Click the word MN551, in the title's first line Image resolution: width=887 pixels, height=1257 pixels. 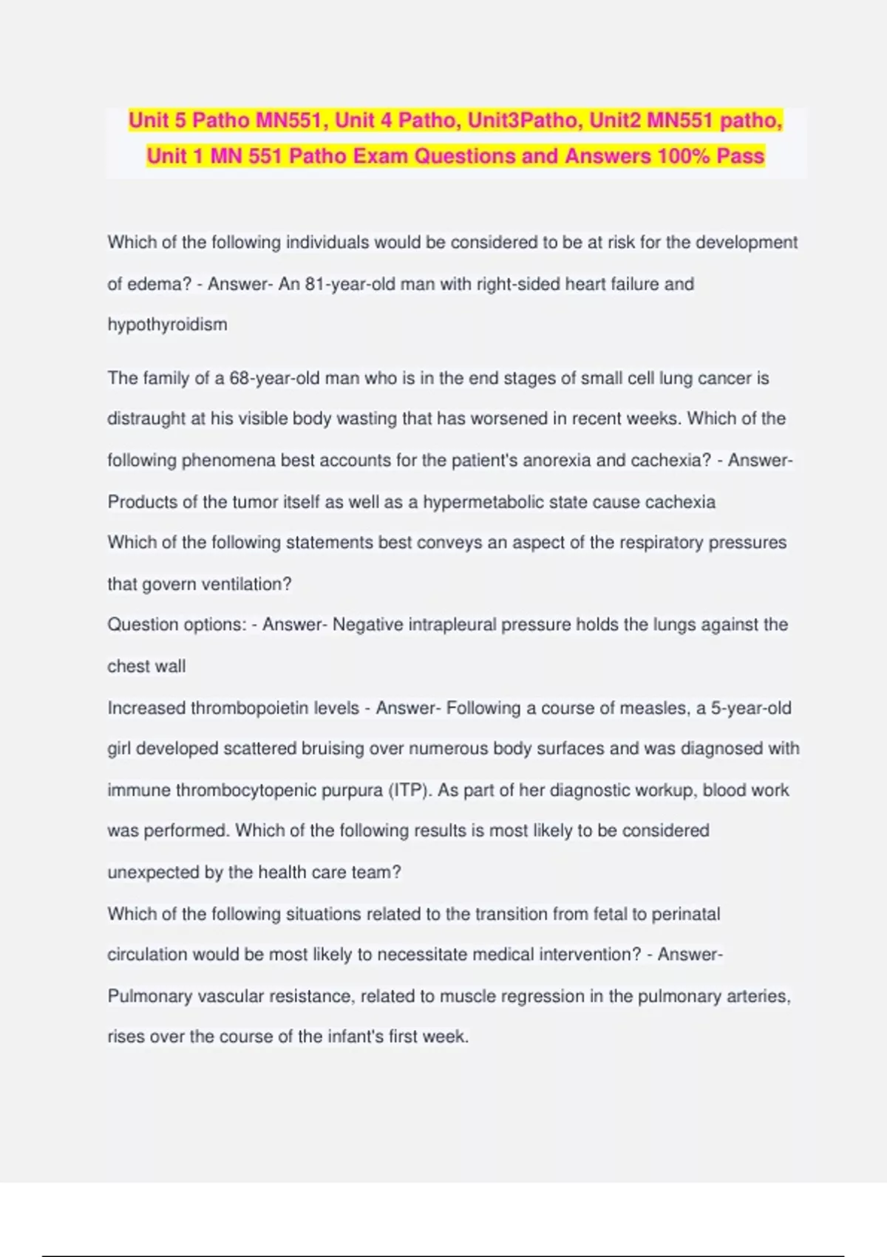(292, 120)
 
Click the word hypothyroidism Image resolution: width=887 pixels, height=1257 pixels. (168, 325)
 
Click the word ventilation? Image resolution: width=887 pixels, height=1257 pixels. (246, 584)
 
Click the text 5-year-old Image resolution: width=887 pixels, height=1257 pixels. (751, 708)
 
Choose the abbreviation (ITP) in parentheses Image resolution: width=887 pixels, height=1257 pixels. (409, 790)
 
